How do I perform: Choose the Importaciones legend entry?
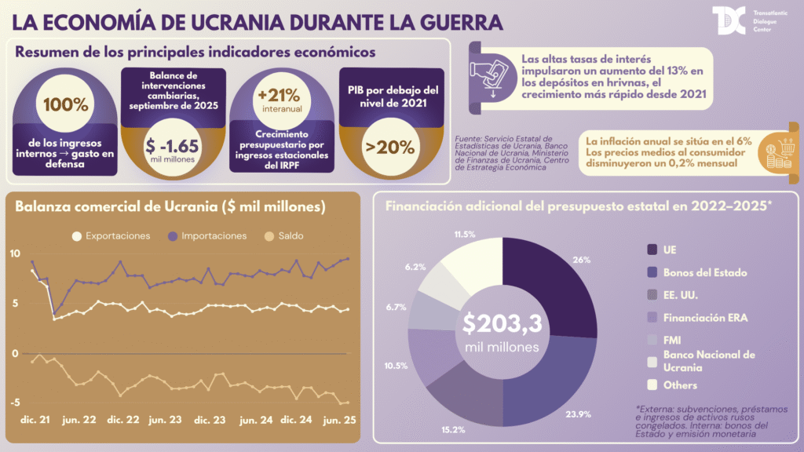click(208, 236)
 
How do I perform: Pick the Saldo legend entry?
click(283, 236)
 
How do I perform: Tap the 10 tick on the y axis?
click(15, 253)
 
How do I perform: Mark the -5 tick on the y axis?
click(15, 403)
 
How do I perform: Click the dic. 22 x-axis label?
click(119, 420)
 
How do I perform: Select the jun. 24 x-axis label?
click(256, 420)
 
